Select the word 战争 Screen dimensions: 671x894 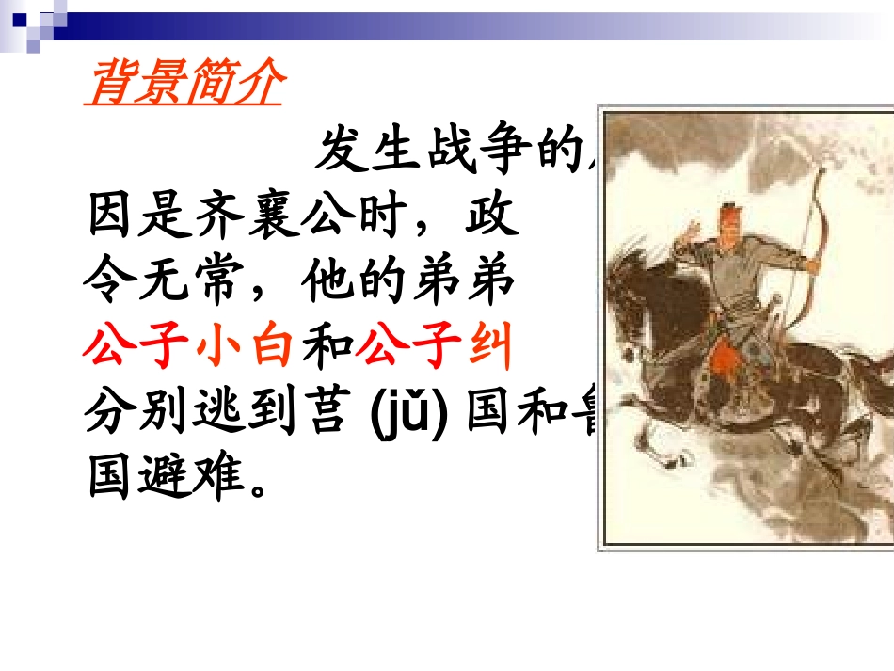click(474, 151)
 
